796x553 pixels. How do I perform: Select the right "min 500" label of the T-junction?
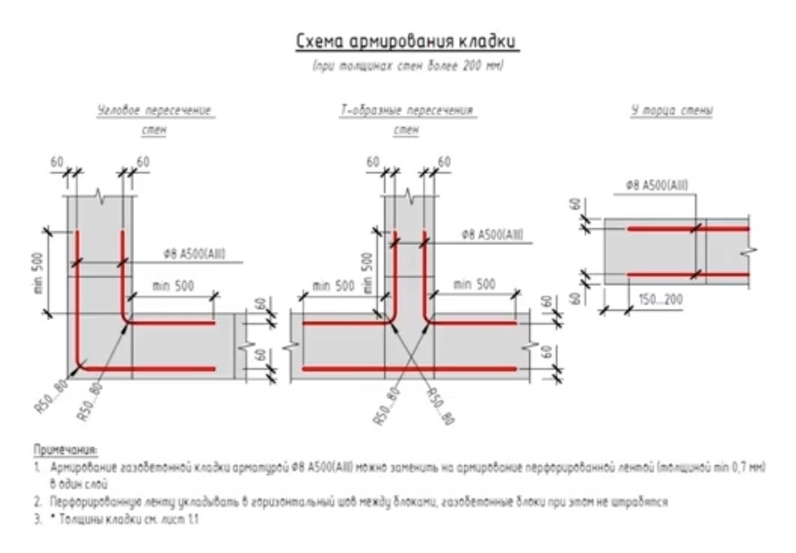(x=474, y=284)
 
